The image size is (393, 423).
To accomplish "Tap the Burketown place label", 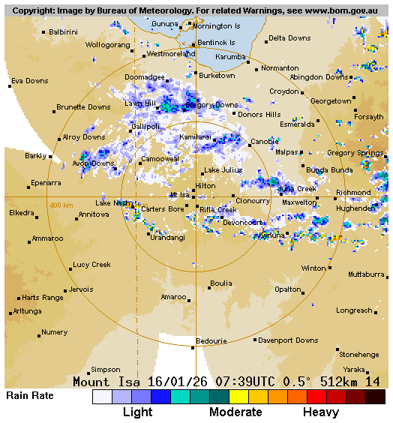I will point(217,76).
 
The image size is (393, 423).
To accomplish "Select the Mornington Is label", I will point(216,25).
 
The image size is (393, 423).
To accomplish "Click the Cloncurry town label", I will point(252,201).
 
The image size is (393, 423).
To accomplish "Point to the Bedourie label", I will point(211,341).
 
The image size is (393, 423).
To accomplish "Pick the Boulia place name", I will point(220,283).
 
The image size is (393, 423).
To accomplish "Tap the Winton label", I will point(313,268).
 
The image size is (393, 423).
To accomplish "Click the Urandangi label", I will point(167,238).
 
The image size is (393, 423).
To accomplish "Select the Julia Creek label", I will point(297,189).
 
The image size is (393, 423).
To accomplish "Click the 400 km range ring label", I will point(61,205).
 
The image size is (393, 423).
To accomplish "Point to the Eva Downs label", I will point(29,81).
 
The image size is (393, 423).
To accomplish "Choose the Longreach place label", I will point(354,310).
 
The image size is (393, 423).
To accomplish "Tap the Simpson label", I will point(105,370).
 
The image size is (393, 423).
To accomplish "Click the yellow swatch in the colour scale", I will point(238,397).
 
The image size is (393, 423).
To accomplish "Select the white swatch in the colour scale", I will point(102,397).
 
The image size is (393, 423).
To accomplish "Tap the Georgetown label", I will point(330,101).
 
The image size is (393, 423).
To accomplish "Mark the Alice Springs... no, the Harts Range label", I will point(42,298).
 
